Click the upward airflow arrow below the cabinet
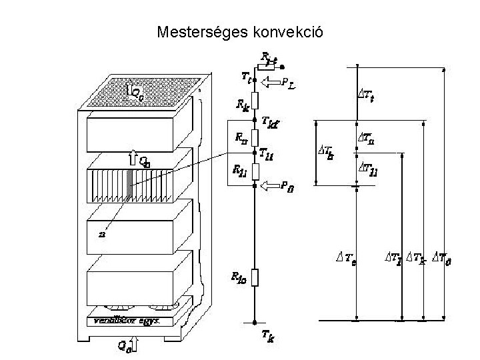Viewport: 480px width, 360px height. tap(135, 345)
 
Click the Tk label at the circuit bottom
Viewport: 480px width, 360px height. tap(267, 337)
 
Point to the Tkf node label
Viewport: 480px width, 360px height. tap(271, 122)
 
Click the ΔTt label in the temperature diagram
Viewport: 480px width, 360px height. tap(366, 94)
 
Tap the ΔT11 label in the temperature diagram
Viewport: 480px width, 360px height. tap(369, 170)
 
